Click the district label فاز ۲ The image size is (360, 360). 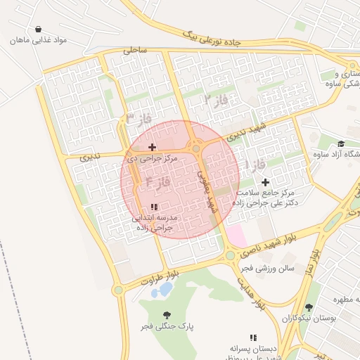point(216,100)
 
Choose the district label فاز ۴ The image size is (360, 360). point(158,181)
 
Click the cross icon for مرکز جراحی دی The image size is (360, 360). point(153,147)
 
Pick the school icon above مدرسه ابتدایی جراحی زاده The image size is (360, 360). point(154,207)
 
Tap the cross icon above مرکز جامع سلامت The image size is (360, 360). point(265,182)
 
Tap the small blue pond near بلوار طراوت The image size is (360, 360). point(165,288)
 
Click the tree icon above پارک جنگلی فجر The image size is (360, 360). point(167,315)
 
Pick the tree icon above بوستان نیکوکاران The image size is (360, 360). point(309,307)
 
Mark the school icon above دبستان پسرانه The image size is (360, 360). point(253,337)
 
